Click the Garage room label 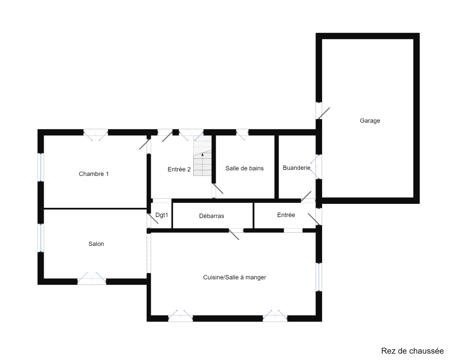click(x=370, y=121)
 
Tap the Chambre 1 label click(x=94, y=174)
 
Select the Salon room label click(x=96, y=244)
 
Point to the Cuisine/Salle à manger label click(x=234, y=277)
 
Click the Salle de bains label click(x=245, y=168)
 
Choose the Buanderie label click(x=296, y=168)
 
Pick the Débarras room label click(x=212, y=216)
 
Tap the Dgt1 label click(x=161, y=215)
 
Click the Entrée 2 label click(x=179, y=169)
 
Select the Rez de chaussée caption click(x=412, y=351)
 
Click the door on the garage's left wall click(x=323, y=111)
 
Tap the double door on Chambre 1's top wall click(x=96, y=134)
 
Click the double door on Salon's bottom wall click(x=92, y=278)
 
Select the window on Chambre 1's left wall click(x=41, y=167)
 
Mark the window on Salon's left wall click(x=41, y=238)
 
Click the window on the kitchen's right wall click(x=319, y=277)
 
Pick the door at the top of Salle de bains click(x=242, y=134)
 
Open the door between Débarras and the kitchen click(x=236, y=234)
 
